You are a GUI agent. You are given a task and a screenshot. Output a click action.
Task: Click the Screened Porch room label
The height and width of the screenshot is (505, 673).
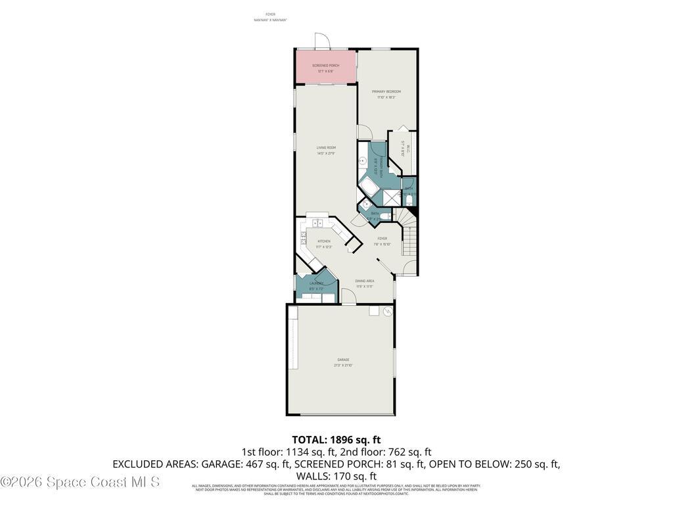coord(325,66)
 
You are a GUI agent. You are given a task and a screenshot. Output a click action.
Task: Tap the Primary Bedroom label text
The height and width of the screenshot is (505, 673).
coord(386,92)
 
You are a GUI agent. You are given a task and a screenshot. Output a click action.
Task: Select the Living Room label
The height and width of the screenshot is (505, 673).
coord(326,148)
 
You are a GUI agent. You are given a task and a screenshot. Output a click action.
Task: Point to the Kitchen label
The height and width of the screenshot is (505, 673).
coord(324,242)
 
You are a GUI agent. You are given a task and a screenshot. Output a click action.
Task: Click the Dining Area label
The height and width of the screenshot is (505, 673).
coord(365,281)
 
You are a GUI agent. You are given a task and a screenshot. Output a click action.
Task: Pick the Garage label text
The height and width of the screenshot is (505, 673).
coord(343,360)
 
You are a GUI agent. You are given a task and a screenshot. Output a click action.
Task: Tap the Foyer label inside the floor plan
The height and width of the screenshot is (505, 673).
coord(382,239)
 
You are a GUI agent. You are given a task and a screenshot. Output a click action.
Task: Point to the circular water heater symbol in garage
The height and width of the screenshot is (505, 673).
coord(388,311)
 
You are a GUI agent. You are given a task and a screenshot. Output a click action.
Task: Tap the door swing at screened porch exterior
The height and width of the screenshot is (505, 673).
coord(321,41)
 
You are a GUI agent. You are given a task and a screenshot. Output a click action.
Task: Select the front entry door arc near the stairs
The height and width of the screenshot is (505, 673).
coord(409,268)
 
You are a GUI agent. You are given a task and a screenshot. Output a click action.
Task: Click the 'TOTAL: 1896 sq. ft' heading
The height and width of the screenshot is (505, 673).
coord(336,440)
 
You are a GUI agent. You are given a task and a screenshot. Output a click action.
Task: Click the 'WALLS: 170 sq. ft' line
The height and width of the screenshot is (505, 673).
coord(336,476)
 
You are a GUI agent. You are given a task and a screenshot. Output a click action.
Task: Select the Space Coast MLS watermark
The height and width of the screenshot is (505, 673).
coord(80,482)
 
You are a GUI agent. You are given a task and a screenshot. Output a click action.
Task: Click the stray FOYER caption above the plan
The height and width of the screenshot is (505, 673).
coord(270,14)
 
